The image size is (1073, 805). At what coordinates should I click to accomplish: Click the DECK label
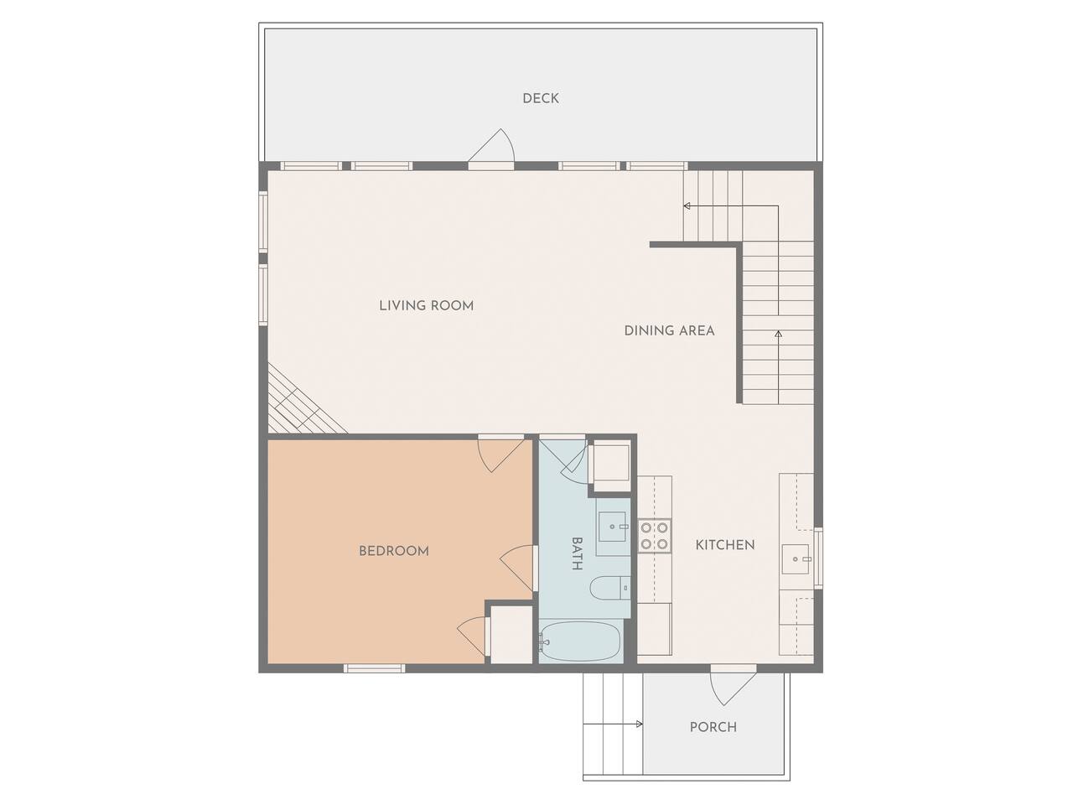[x=540, y=98]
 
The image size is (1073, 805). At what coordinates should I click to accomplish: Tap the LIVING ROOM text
[x=427, y=306]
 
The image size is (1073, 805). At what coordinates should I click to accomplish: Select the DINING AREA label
[x=669, y=331]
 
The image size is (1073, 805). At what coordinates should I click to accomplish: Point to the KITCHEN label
[x=725, y=545]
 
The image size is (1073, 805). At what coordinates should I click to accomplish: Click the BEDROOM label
[x=393, y=551]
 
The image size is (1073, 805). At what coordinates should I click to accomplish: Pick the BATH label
[x=577, y=553]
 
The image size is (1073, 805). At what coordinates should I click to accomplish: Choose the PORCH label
[x=713, y=727]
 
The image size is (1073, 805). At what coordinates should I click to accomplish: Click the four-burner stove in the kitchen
[x=655, y=536]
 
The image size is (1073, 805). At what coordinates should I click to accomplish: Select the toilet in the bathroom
[x=609, y=588]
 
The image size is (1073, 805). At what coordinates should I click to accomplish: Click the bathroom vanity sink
[x=613, y=527]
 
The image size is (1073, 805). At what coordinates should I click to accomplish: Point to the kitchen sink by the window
[x=796, y=558]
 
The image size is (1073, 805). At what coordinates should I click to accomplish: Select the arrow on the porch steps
[x=613, y=724]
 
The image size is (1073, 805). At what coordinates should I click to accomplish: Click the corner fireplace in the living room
[x=303, y=406]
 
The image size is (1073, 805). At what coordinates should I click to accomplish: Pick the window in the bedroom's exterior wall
[x=375, y=668]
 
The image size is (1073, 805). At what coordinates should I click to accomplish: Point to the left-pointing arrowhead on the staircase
[x=687, y=205]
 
